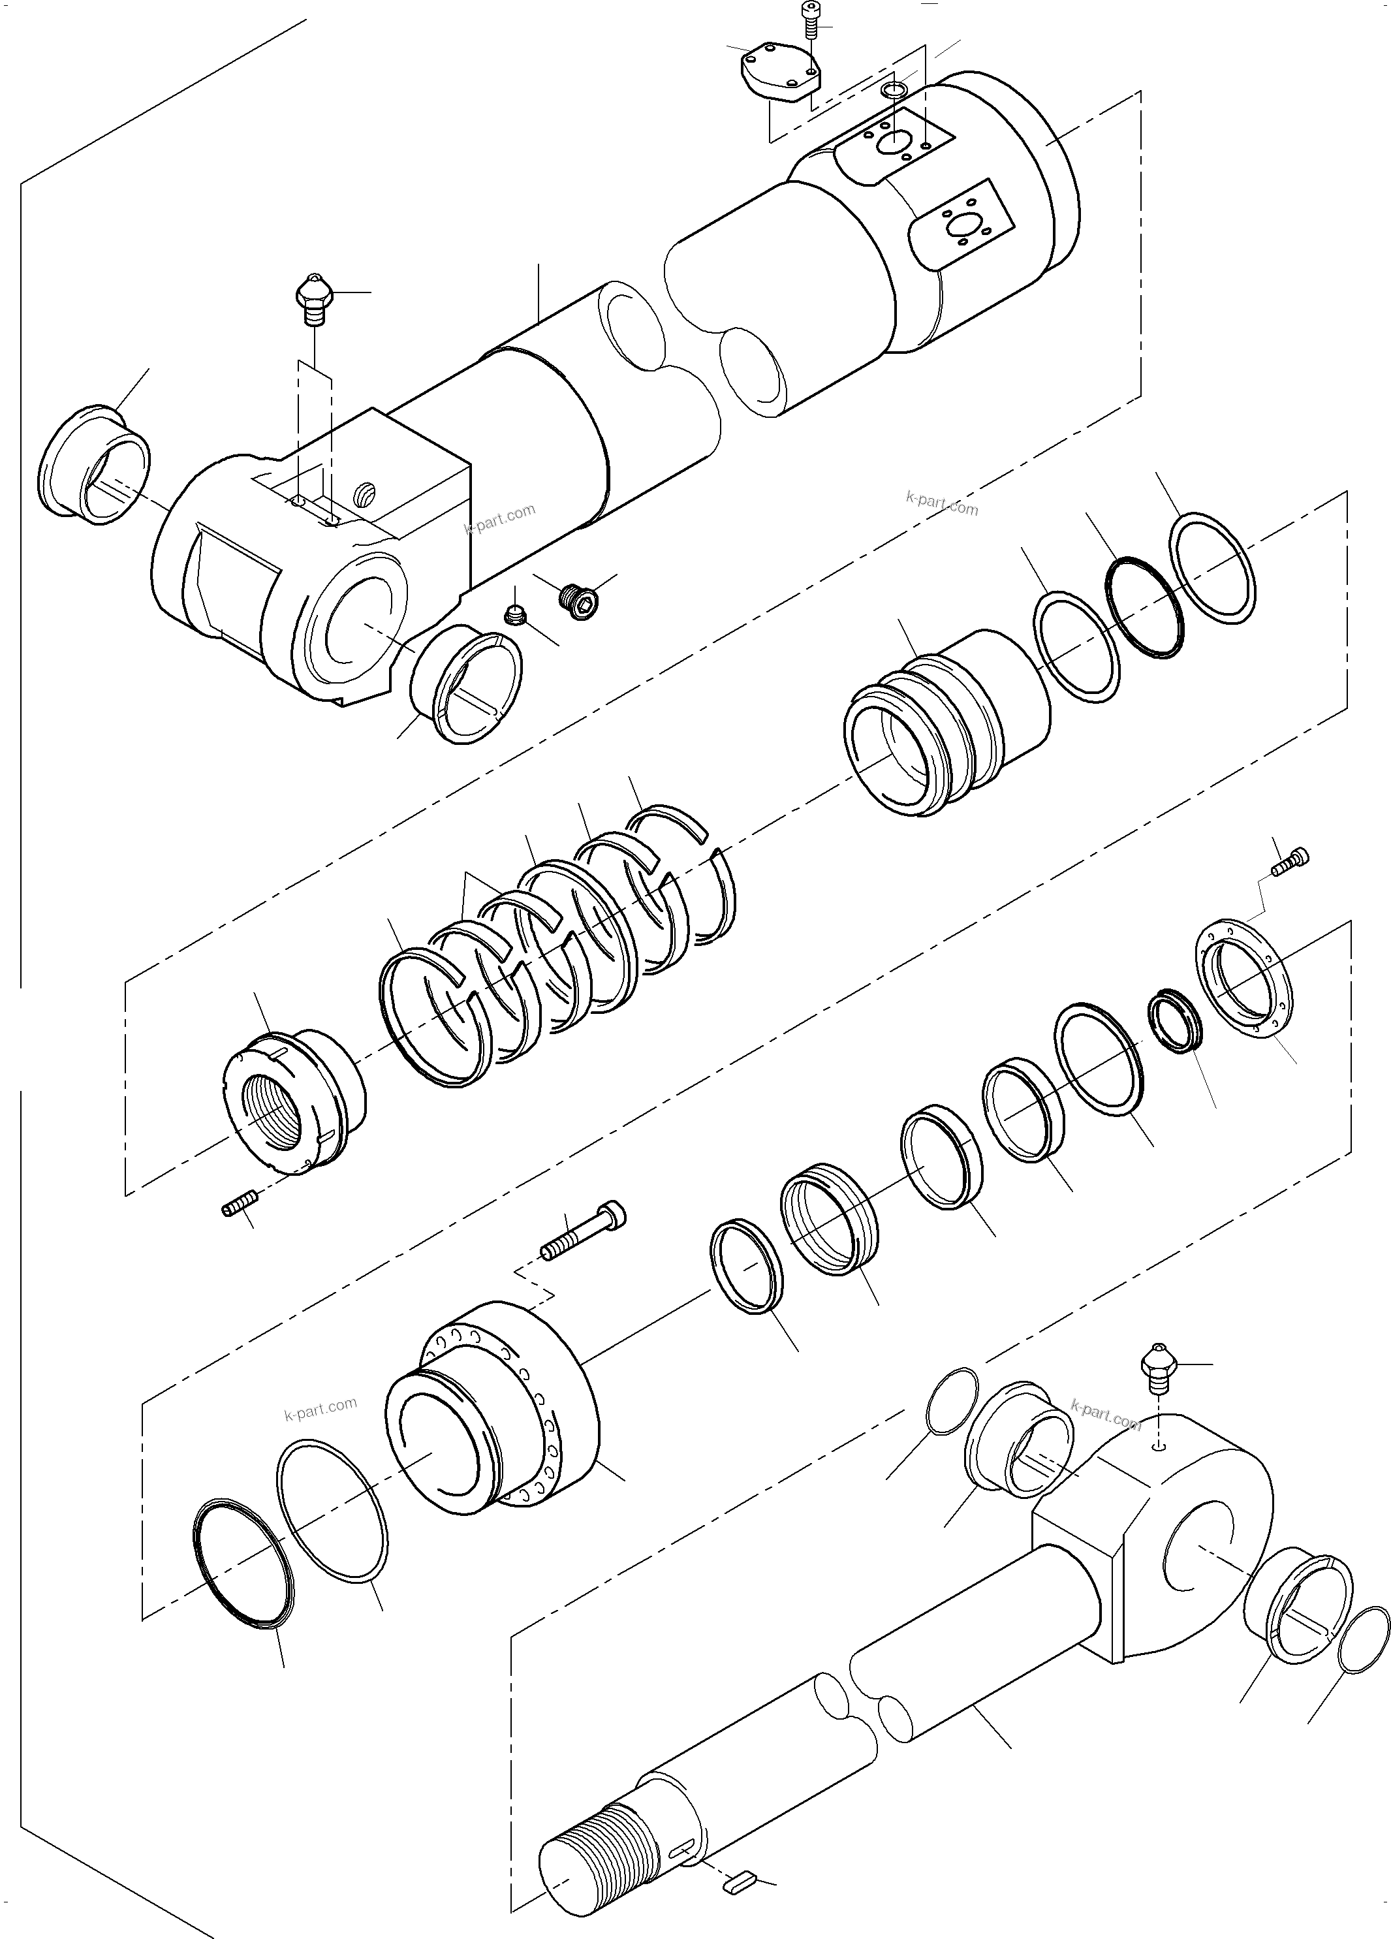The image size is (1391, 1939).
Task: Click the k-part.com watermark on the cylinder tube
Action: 500,518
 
